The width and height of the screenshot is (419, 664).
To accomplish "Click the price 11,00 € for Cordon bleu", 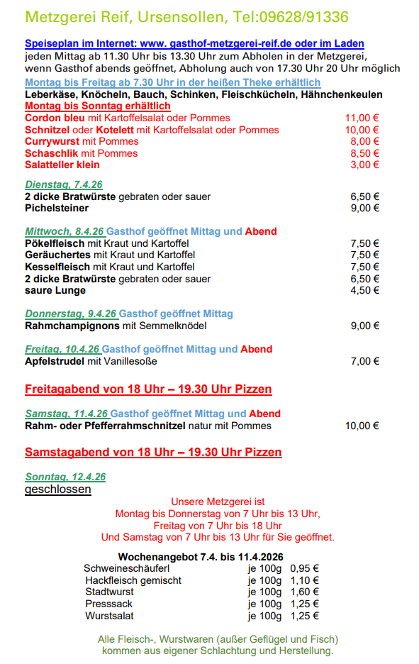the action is click(362, 118).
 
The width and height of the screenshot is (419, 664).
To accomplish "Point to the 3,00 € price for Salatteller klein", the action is click(364, 165).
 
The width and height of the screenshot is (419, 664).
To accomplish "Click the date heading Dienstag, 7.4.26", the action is click(64, 184).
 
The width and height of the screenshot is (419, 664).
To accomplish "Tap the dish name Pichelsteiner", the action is click(57, 209).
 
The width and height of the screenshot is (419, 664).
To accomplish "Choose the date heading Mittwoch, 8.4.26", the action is click(65, 231).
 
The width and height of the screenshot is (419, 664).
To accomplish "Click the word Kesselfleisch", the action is click(57, 267).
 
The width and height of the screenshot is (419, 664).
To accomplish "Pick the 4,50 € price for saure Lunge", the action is click(364, 290).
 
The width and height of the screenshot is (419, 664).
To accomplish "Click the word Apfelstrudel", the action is click(55, 361).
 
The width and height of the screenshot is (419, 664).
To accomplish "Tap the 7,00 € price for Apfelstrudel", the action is click(364, 361).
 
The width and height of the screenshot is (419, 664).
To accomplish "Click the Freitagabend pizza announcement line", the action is click(148, 389).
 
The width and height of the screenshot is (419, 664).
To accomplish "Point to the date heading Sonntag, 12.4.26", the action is click(65, 477).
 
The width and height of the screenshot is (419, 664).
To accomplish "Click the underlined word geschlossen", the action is click(58, 489).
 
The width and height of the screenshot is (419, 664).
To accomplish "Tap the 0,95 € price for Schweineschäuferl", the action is click(305, 568).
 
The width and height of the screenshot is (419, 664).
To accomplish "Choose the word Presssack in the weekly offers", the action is click(108, 604).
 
